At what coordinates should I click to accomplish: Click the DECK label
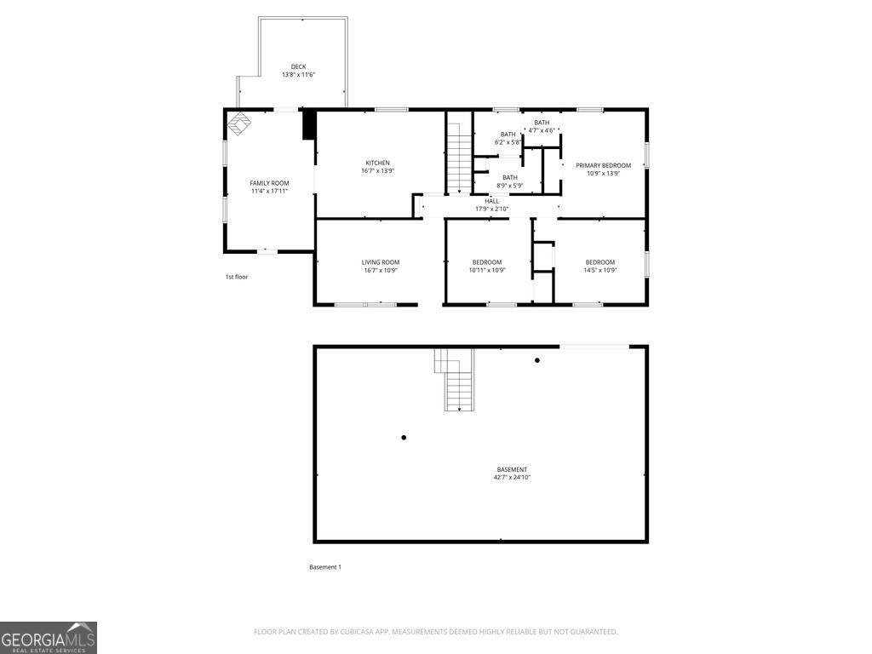point(298,66)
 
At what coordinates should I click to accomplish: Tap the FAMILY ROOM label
point(269,183)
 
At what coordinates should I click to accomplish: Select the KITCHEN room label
point(378,163)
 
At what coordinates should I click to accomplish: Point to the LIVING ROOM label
point(381,262)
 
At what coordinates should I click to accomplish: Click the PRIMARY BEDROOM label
point(603,165)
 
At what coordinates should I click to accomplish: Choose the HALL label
point(492,201)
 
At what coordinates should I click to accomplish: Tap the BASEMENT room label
point(512,469)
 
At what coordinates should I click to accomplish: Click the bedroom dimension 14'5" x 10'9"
point(599,270)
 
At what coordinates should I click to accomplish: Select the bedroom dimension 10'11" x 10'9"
point(487,270)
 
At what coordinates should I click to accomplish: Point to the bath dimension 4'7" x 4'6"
point(542,130)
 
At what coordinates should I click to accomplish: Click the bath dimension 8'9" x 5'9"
point(509,185)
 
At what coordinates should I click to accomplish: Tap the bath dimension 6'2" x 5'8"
point(508,142)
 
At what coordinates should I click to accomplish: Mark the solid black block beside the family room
point(309,124)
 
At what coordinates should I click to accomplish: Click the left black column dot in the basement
point(404,438)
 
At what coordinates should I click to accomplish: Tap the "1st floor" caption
point(237,277)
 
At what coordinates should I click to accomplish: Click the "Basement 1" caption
point(324,567)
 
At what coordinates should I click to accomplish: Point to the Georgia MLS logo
point(49,638)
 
